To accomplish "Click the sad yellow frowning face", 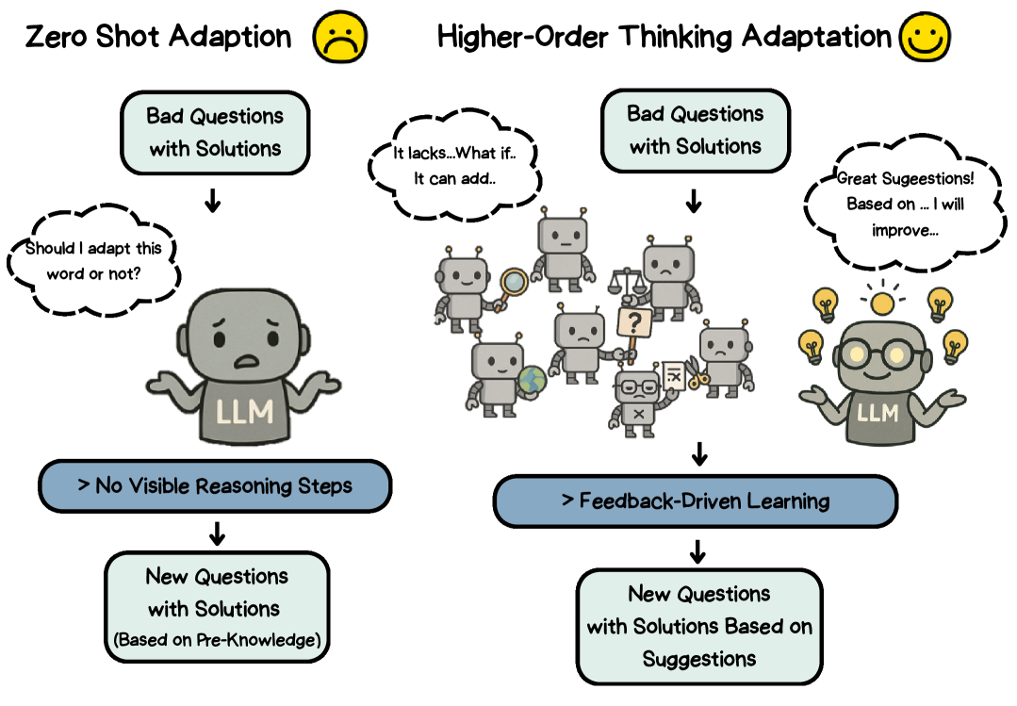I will pyautogui.click(x=340, y=37).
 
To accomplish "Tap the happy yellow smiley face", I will pyautogui.click(x=925, y=37).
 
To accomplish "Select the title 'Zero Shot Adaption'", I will pyautogui.click(x=158, y=37).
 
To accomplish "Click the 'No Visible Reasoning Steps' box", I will pyautogui.click(x=215, y=486).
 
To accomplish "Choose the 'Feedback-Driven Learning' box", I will pyautogui.click(x=696, y=501).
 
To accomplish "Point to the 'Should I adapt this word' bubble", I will pyautogui.click(x=93, y=259).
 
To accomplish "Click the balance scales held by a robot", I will pyautogui.click(x=625, y=280).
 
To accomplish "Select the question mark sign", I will pyautogui.click(x=634, y=324).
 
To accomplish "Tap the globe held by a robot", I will pyautogui.click(x=532, y=381).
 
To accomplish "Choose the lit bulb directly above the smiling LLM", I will pyautogui.click(x=882, y=302).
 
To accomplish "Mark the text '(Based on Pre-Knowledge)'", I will pyautogui.click(x=217, y=640).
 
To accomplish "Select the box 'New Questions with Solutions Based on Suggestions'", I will pyautogui.click(x=698, y=626).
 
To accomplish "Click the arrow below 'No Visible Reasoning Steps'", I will pyautogui.click(x=217, y=533).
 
